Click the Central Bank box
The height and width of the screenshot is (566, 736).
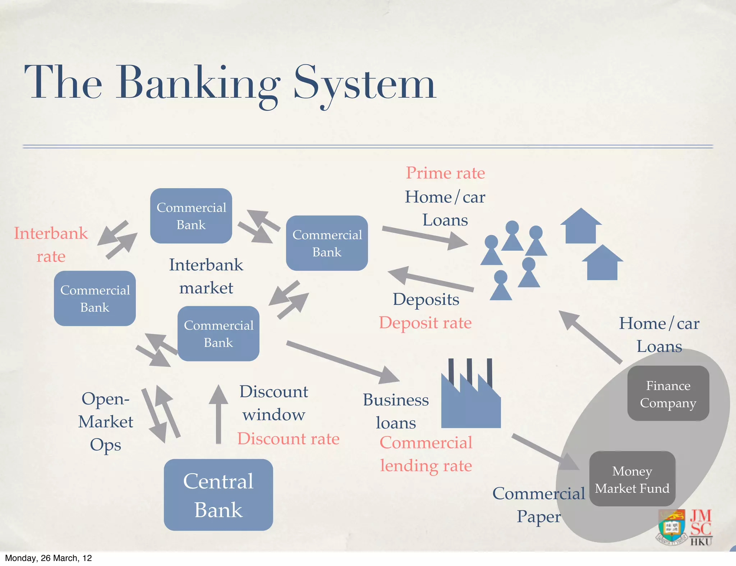218,495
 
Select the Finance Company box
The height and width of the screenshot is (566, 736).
668,393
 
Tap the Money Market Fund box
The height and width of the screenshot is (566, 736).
632,479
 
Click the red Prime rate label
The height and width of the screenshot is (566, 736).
445,173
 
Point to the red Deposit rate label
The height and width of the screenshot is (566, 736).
425,323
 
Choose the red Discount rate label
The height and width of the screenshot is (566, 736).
288,439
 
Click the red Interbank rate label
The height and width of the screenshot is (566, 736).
51,245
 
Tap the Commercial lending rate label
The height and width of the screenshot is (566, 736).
426,454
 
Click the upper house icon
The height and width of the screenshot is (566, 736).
581,226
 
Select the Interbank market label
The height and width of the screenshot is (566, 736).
206,276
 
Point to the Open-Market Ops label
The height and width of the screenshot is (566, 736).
106,421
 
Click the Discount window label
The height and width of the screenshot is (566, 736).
274,403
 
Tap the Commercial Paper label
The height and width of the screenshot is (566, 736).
538,505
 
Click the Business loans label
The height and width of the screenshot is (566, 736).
396,411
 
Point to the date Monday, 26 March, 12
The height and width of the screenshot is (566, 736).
49,558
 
